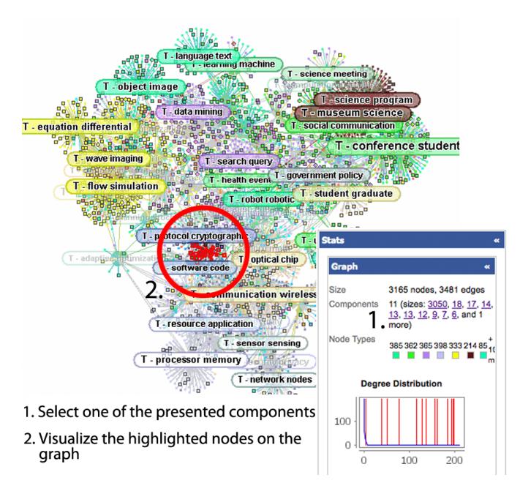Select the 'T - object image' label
tap(138, 86)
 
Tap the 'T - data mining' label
tap(192, 112)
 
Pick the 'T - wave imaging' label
tap(108, 159)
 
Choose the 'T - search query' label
tap(237, 161)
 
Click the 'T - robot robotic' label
tap(260, 199)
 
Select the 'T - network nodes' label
tap(275, 380)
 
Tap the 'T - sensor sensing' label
tap(261, 343)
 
